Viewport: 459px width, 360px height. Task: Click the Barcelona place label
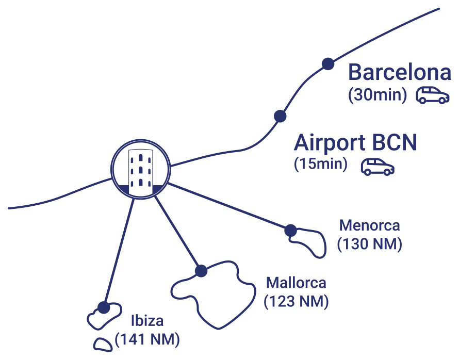click(x=400, y=72)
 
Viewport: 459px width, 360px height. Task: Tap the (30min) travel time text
click(x=378, y=95)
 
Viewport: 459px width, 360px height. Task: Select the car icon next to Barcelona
click(x=432, y=95)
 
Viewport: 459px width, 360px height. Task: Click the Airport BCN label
click(x=355, y=143)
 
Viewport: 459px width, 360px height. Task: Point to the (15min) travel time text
click(x=321, y=165)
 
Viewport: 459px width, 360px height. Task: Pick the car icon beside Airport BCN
click(x=377, y=166)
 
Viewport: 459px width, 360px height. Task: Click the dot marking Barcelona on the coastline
click(x=327, y=63)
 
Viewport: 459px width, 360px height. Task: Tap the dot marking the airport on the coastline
click(x=280, y=117)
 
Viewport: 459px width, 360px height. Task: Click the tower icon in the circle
click(x=140, y=168)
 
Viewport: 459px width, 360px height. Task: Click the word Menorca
click(x=369, y=225)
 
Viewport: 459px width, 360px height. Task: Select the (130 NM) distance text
click(x=369, y=244)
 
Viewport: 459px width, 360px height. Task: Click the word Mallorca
click(x=296, y=283)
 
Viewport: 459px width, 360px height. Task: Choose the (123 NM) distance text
click(x=296, y=301)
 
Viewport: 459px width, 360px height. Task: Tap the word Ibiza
click(x=147, y=321)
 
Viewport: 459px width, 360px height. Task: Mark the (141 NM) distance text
click(x=147, y=339)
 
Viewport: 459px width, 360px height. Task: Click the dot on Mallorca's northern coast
click(x=201, y=271)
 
